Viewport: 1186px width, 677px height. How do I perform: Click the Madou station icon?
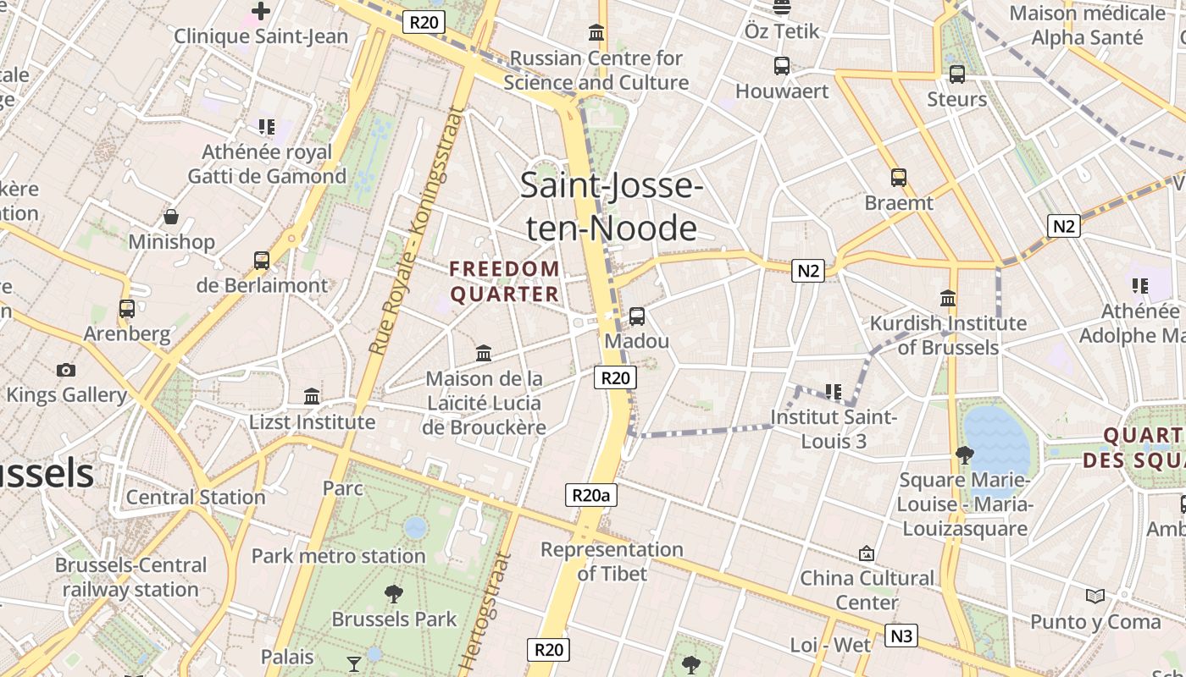click(637, 316)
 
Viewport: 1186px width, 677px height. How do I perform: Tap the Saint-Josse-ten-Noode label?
click(612, 206)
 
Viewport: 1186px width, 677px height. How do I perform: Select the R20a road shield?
click(591, 495)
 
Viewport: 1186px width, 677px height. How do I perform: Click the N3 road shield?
click(901, 635)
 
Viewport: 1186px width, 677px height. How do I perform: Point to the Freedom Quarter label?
click(505, 282)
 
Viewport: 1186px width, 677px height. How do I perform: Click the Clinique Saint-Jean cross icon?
click(261, 11)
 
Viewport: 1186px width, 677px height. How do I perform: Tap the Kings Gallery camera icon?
click(66, 370)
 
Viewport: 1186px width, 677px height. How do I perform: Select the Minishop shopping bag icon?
click(171, 217)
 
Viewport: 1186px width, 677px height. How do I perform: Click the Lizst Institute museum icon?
click(312, 397)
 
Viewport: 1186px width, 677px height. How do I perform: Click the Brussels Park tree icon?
click(394, 594)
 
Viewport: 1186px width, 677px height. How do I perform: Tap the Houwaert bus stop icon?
click(782, 66)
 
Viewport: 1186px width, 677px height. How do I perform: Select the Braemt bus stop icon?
click(899, 178)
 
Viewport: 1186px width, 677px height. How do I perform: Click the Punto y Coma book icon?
click(1095, 597)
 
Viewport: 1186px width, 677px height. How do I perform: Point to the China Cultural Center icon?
click(867, 553)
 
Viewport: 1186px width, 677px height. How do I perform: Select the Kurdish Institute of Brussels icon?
click(948, 299)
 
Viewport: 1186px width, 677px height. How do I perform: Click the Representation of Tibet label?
click(612, 561)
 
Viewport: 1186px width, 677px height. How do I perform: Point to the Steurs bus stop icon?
click(957, 74)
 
